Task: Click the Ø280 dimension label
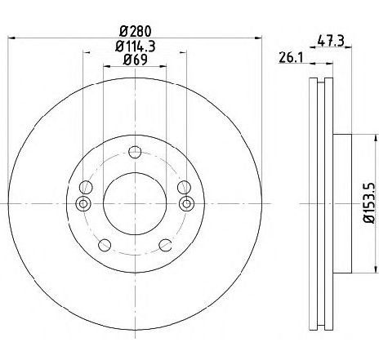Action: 136,32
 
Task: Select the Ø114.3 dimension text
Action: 136,47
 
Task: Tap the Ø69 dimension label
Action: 136,60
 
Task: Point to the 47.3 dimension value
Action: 331,42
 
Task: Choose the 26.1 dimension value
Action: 291,58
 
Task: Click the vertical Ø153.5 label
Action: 371,203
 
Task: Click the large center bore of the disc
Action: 135,203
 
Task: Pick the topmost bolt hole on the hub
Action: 135,152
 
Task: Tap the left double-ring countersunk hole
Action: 83,203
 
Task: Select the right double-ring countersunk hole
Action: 186,203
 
